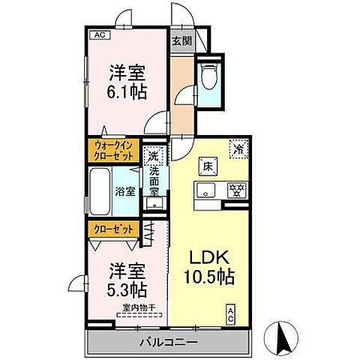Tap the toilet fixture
(209, 77)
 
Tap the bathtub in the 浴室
(100, 191)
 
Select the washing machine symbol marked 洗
(153, 157)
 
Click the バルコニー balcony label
(169, 343)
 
